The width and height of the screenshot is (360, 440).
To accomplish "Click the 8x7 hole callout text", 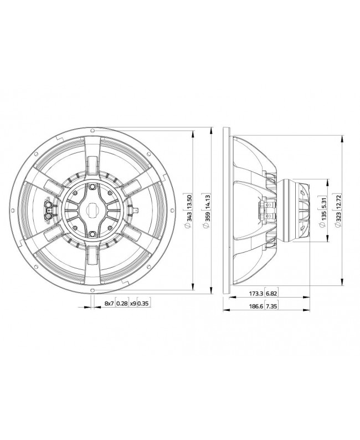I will [x=109, y=304].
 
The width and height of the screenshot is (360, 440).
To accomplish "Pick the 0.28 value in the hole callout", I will [x=122, y=304].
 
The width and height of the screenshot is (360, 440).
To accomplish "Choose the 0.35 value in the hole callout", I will [x=143, y=304].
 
